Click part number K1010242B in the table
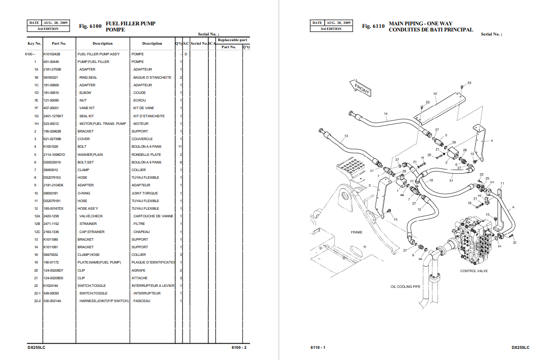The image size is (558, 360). pos(52,54)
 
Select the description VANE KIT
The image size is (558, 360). pos(87,108)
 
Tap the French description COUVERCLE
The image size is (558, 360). pos(142,139)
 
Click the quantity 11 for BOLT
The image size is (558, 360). pos(180,147)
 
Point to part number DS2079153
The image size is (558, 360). pos(52,178)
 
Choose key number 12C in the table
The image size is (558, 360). pos(36,232)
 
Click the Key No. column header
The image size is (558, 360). pos(35,44)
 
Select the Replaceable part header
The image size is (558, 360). pos(232,40)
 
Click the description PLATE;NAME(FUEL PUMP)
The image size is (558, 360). pos(99,263)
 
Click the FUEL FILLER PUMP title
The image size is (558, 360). pos(130,23)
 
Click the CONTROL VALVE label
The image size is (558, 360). pos(474,271)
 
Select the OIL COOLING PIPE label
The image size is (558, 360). pos(405,287)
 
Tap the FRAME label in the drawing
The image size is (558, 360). pos(356,232)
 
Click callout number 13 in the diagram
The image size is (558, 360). pos(346,136)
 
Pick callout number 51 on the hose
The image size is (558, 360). pos(451,180)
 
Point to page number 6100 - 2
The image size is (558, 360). pos(239,347)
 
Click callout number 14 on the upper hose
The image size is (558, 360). pos(386,114)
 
